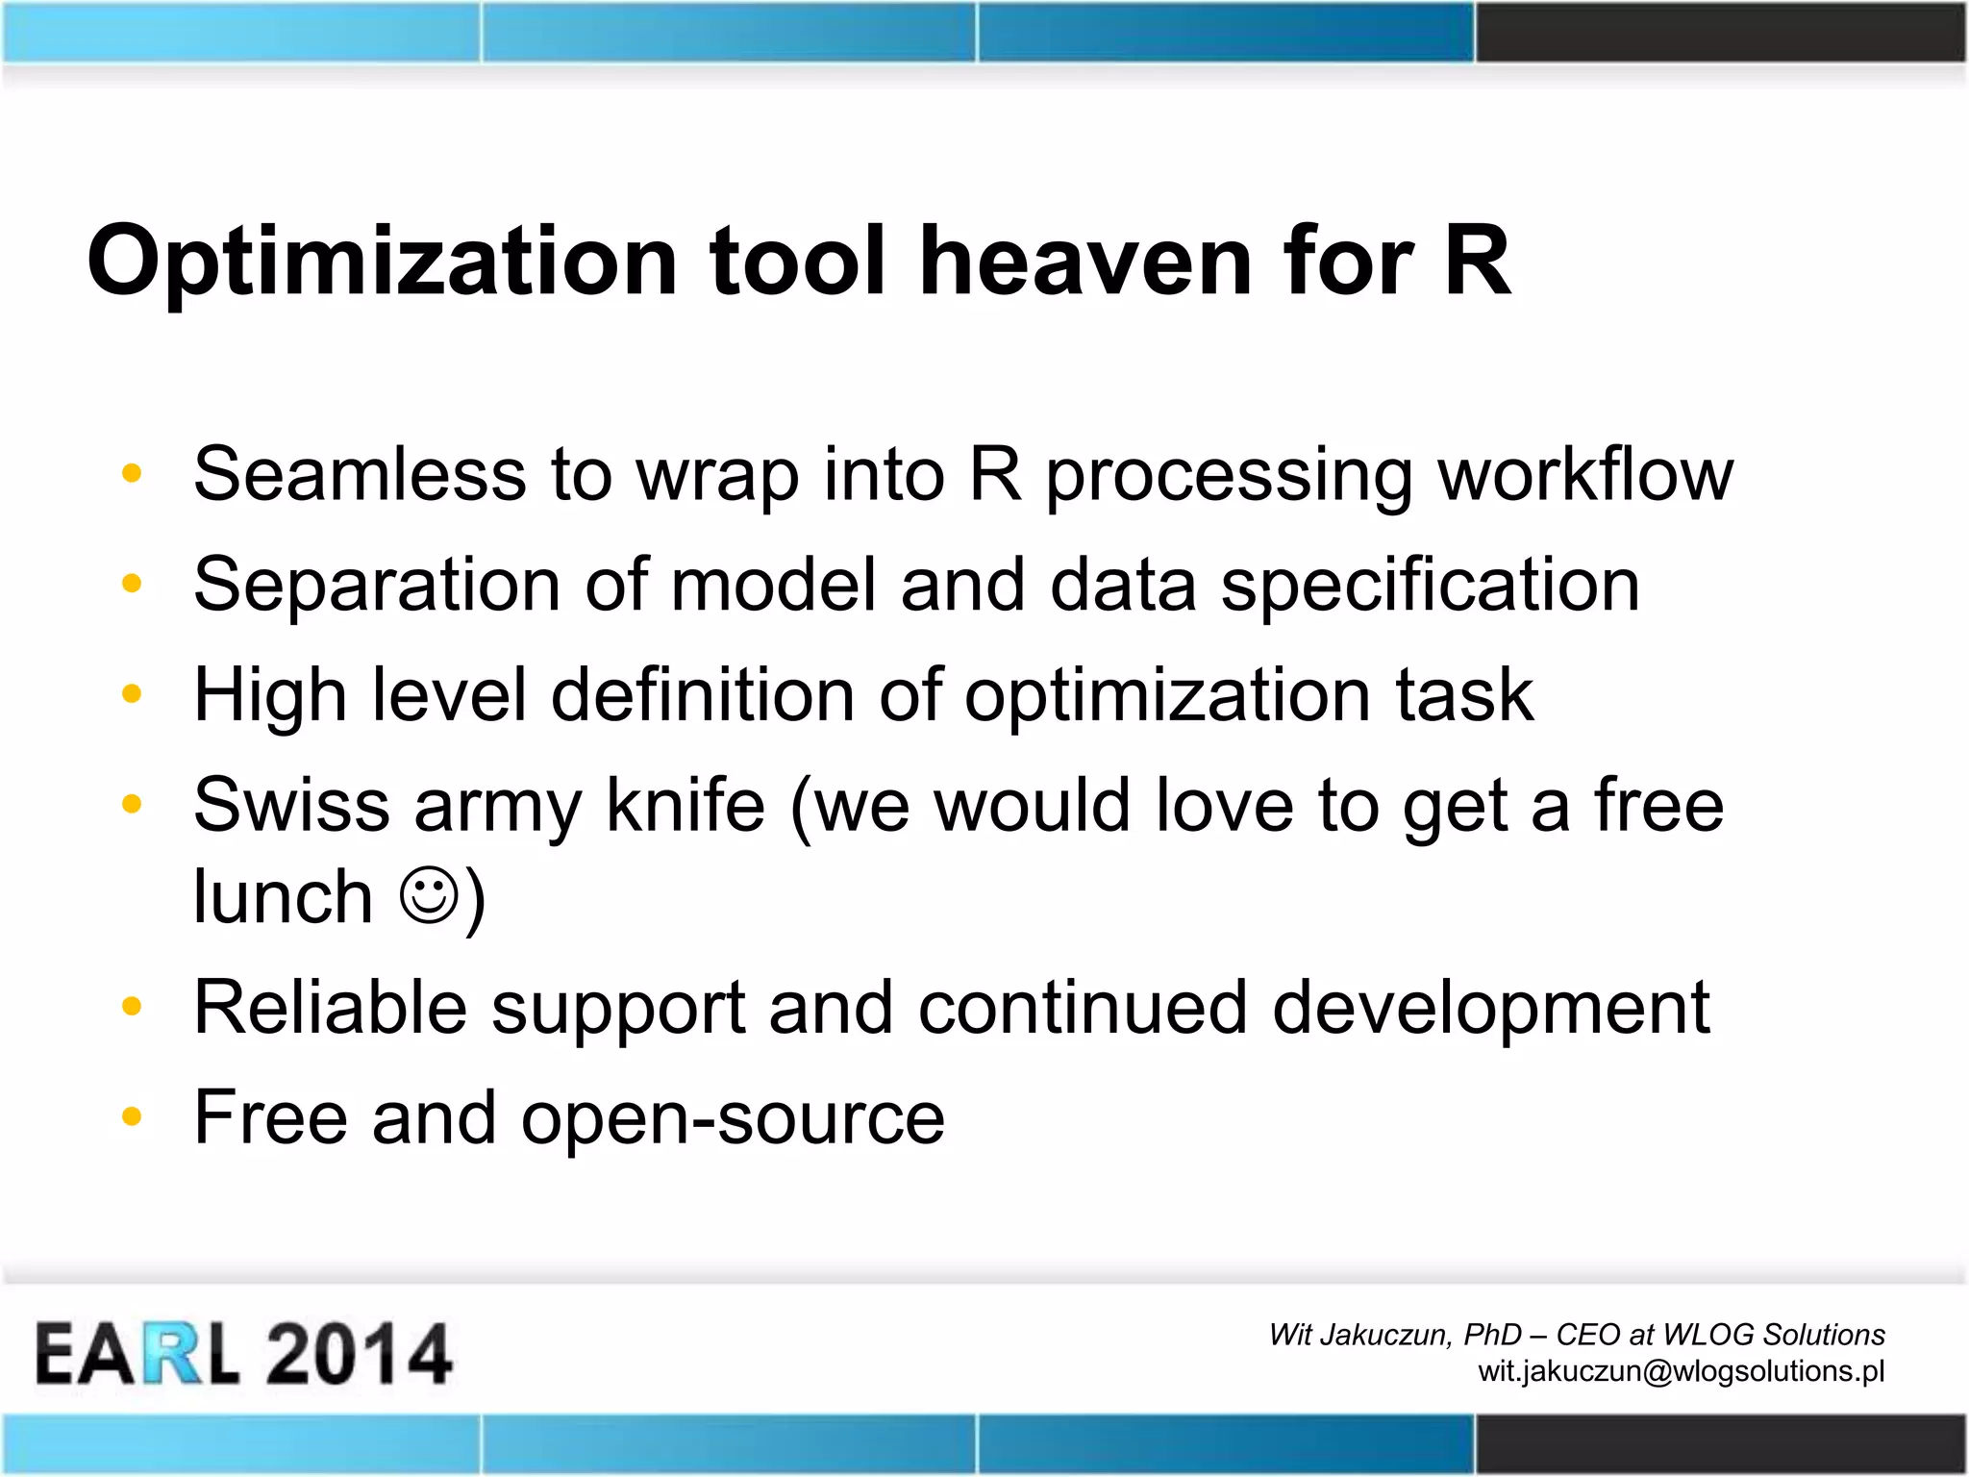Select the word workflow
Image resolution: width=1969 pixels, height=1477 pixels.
(1585, 474)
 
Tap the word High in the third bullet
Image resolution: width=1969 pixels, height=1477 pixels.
(270, 695)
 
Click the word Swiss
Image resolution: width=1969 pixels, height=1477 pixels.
(291, 806)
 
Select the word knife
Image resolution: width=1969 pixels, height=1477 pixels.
(685, 806)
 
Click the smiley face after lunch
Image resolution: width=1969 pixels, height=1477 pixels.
(428, 896)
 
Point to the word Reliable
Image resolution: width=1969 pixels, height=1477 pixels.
(330, 1008)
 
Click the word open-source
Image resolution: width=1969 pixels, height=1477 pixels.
(733, 1118)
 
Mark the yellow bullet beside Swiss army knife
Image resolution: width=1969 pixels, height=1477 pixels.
(133, 804)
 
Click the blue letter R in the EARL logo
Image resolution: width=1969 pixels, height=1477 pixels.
(174, 1354)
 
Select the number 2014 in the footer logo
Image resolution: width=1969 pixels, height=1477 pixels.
(358, 1354)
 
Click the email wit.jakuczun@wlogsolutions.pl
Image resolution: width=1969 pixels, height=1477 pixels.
(1681, 1371)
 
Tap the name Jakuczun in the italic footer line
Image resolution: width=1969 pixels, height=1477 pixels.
(1385, 1335)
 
